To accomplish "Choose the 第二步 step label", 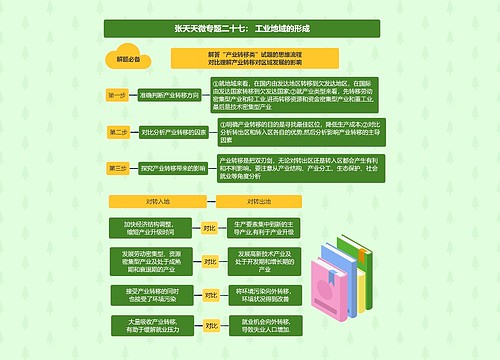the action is [118, 131].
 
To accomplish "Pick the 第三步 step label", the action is [118, 168].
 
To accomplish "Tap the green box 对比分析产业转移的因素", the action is [173, 131].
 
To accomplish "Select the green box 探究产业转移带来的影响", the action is [173, 168].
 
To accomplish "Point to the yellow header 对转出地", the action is [258, 201].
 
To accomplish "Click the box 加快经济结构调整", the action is [149, 228].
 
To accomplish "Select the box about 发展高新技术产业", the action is [265, 261].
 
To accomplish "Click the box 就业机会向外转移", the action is [264, 325].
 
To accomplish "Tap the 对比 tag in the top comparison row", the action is [209, 228].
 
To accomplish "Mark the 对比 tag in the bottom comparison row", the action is [209, 325].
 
